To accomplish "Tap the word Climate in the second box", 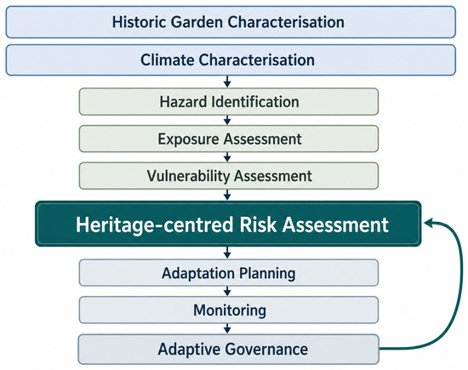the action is coord(167,60).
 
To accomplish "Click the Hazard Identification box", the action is coord(229,101).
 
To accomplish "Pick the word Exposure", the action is coord(189,139).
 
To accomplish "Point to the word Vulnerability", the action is coord(188,176).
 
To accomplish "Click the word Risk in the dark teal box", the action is coord(258,225).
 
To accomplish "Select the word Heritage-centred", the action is coord(154,225).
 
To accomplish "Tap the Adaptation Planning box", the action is coord(229,273).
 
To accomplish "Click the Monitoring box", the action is coord(229,310).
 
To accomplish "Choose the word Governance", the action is coord(266,349).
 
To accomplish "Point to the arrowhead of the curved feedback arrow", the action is coord(429,223).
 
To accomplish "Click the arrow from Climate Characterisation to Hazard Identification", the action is coord(227,82).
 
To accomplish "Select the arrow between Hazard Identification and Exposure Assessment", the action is coord(227,120).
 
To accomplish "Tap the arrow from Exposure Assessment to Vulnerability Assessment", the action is coord(227,157).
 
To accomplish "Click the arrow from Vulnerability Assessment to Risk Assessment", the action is coord(227,195).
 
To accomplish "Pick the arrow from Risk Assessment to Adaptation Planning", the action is coord(227,253).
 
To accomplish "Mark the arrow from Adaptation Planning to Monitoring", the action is coord(227,291).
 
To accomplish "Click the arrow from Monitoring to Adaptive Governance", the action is coord(227,328).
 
